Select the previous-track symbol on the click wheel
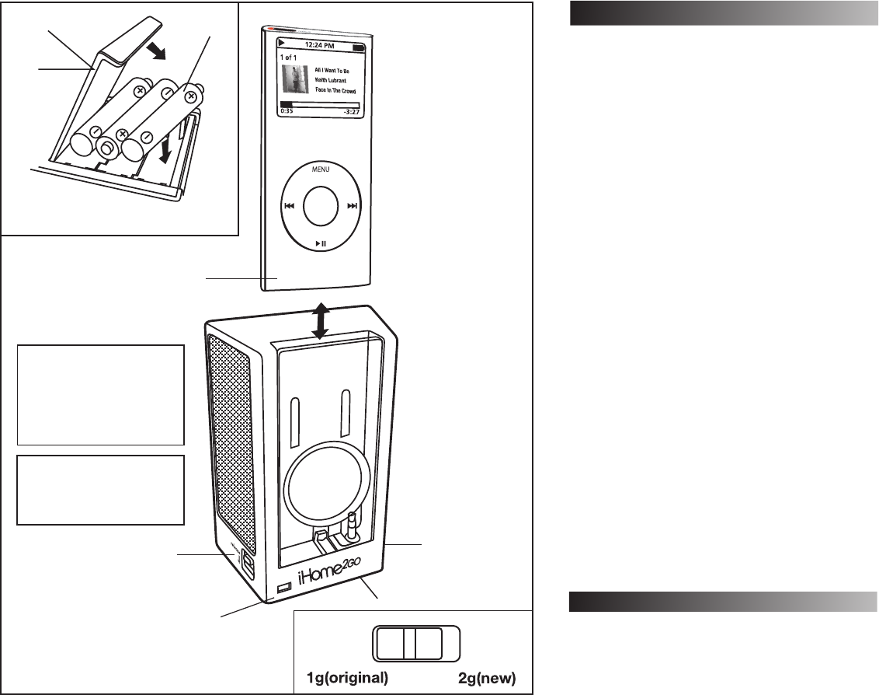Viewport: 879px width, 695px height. click(x=288, y=206)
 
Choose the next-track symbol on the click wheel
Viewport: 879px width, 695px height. click(x=352, y=206)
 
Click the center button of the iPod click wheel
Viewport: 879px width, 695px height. click(x=320, y=206)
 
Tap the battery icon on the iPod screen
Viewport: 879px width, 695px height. click(x=358, y=47)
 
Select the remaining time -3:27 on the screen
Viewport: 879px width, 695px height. click(x=350, y=111)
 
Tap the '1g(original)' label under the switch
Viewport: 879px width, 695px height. click(x=344, y=677)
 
